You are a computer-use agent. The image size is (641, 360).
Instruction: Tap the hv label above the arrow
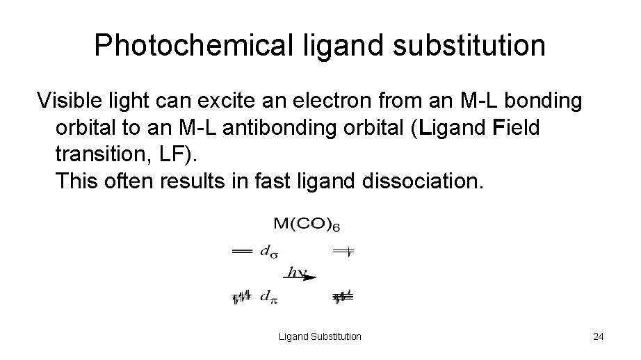pyautogui.click(x=298, y=272)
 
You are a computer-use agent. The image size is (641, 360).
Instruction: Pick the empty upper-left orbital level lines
pyautogui.click(x=241, y=252)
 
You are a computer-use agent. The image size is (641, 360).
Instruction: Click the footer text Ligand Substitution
pyautogui.click(x=320, y=336)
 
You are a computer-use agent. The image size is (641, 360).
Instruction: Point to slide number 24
pyautogui.click(x=598, y=336)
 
